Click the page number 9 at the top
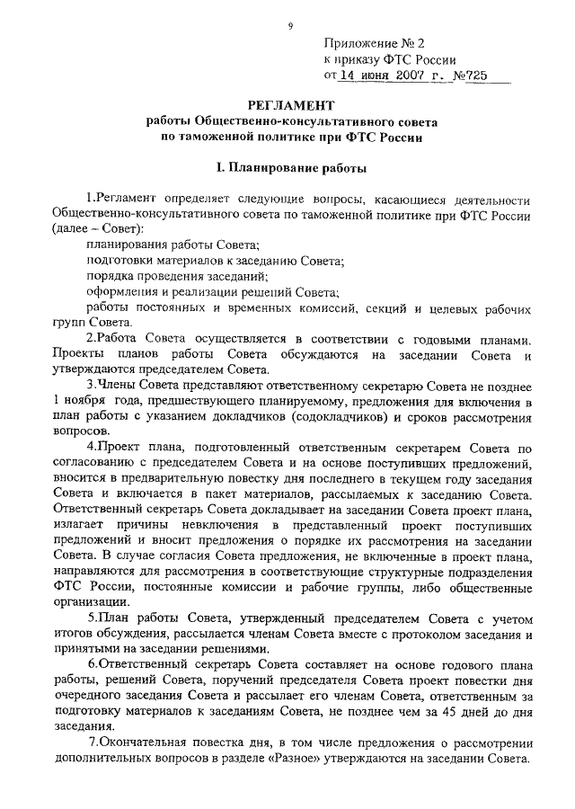[290, 26]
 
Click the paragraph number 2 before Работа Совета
[90, 338]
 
